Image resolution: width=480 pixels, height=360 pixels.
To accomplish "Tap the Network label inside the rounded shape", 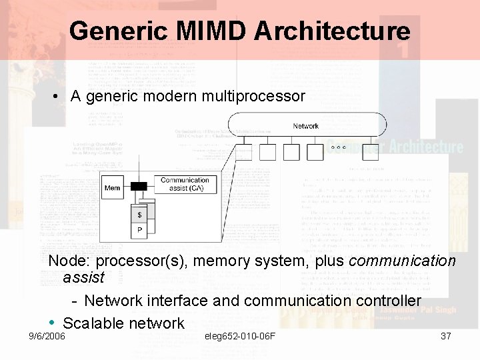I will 306,126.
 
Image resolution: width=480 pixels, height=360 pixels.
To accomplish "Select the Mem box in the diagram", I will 113,188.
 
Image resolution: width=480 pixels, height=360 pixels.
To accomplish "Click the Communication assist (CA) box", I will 185,184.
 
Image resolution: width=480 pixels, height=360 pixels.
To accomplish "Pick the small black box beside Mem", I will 138,186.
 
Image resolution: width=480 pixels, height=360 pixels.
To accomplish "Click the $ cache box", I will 139,215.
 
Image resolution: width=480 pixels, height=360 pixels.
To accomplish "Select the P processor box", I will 139,231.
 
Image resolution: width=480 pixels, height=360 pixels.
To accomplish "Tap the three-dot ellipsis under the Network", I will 337,147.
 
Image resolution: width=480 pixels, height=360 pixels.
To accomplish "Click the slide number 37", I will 446,336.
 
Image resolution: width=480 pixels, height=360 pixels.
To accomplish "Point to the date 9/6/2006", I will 47,336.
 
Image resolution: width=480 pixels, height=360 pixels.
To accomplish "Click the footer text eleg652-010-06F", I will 241,336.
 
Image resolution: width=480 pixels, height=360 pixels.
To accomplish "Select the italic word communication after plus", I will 402,261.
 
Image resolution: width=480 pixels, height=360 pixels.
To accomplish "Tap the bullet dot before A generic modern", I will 59,97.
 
